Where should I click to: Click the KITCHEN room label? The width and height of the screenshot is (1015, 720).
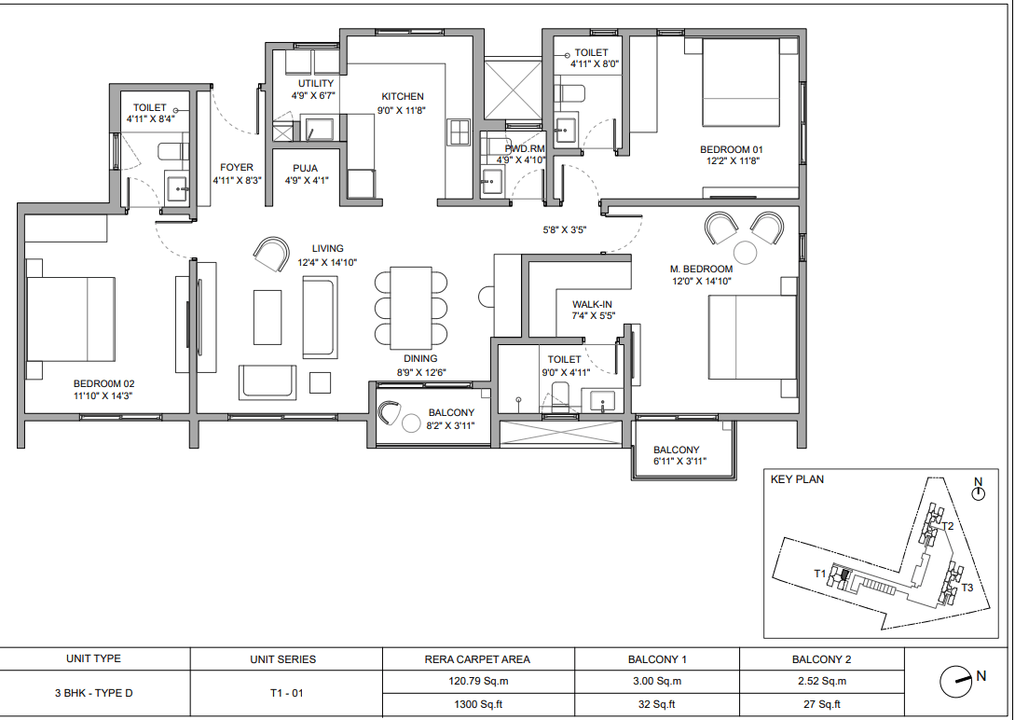tap(403, 96)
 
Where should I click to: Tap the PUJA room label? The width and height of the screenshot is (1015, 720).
tap(305, 169)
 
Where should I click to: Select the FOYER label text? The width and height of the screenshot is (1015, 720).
tap(236, 167)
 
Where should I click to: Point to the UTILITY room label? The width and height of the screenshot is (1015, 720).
tap(316, 84)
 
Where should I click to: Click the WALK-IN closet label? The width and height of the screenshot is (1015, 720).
tap(592, 304)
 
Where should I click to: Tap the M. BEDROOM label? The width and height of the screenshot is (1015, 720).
tap(701, 269)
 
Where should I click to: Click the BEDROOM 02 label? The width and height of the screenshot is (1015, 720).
tap(103, 384)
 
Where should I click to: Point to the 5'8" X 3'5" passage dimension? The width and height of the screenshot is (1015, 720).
tap(565, 229)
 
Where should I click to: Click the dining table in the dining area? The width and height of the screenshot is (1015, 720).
tap(411, 308)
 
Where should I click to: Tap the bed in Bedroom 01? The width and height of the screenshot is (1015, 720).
tap(741, 82)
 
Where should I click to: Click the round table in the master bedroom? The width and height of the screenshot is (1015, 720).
tap(745, 253)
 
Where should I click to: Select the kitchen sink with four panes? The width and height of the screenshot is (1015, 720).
tap(459, 132)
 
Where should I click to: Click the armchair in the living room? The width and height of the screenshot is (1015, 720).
tap(272, 254)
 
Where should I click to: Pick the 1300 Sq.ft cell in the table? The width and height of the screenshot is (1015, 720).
tap(478, 704)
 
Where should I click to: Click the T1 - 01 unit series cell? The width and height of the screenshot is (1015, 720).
tap(287, 694)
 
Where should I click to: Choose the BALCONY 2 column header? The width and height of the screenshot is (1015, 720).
tap(821, 659)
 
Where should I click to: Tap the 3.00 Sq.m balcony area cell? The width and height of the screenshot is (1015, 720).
tap(657, 681)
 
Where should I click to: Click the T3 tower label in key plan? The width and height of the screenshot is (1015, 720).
tap(967, 588)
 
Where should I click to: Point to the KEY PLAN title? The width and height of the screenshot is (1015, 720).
tap(797, 479)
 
